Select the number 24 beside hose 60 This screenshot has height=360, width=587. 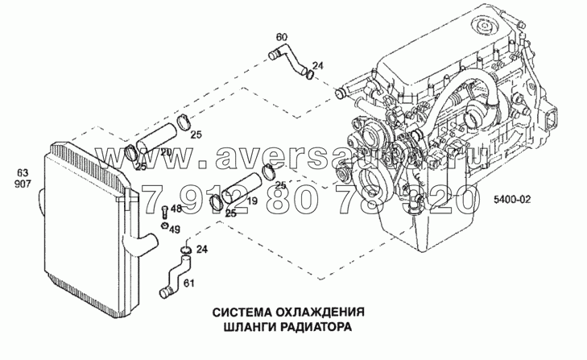tap(317, 65)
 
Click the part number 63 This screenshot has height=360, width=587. tap(22, 172)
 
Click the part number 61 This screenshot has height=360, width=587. tap(189, 282)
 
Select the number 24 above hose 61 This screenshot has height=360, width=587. tap(202, 250)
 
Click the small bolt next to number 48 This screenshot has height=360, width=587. tap(164, 212)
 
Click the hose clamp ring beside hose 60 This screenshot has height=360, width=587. tap(310, 77)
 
